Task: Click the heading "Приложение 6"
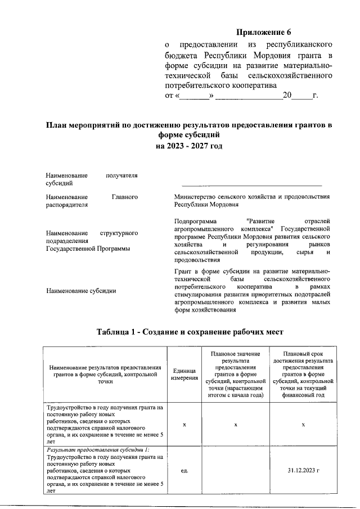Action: (263, 32)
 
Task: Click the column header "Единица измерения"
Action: (184, 373)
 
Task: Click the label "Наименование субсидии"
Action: (81, 291)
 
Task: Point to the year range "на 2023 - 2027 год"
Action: (189, 146)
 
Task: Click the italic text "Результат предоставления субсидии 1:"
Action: (98, 451)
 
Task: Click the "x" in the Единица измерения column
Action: (184, 424)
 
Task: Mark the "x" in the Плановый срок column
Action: (303, 424)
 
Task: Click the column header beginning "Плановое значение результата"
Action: (236, 373)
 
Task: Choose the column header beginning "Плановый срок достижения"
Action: (303, 373)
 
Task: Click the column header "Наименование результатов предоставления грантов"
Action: (105, 373)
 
